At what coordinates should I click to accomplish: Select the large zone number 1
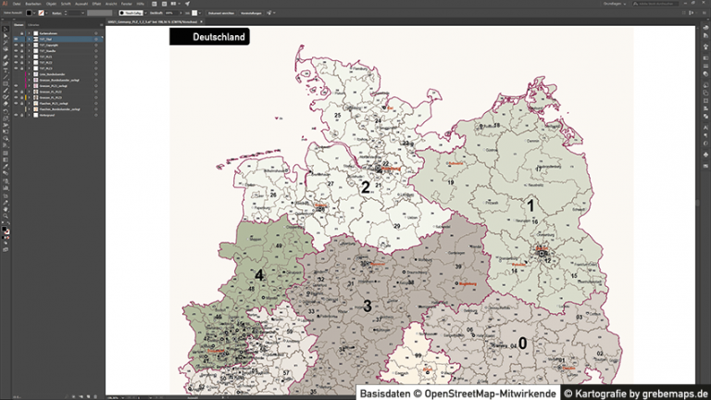point(530,205)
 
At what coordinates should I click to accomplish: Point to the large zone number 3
point(367,306)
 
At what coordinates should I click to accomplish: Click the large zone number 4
point(259,275)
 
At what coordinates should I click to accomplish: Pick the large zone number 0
point(522,344)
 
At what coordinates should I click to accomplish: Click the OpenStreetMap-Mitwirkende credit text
point(456,392)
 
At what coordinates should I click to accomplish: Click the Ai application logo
point(5,4)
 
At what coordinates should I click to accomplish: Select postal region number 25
point(338,115)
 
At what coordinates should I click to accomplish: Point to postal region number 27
point(330,184)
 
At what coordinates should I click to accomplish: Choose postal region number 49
point(279,244)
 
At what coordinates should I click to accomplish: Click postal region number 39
point(457,267)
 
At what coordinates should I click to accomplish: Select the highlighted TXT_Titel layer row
point(56,40)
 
